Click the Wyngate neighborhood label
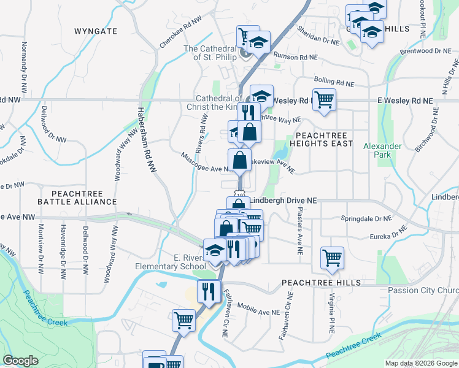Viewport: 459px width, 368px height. [x=95, y=31]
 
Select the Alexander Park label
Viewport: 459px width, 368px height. [x=382, y=150]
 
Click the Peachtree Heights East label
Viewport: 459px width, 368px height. [x=324, y=139]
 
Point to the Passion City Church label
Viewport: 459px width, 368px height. [x=423, y=290]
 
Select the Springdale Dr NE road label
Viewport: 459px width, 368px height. [x=366, y=218]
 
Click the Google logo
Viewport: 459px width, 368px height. [x=20, y=361]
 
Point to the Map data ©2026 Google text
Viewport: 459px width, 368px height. [x=422, y=363]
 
